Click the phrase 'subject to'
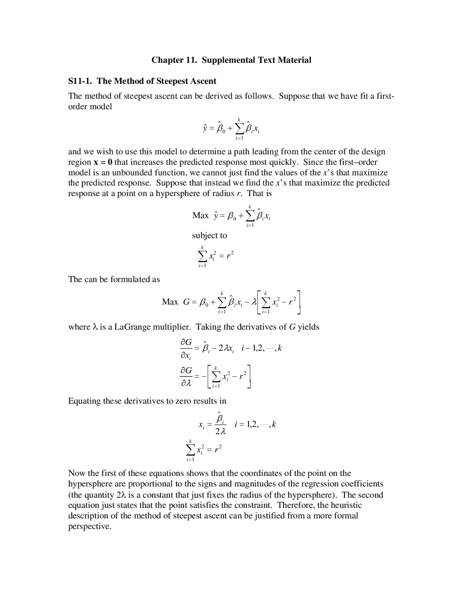pos(209,235)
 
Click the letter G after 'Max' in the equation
pos(187,302)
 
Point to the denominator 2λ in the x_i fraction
pos(220,432)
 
